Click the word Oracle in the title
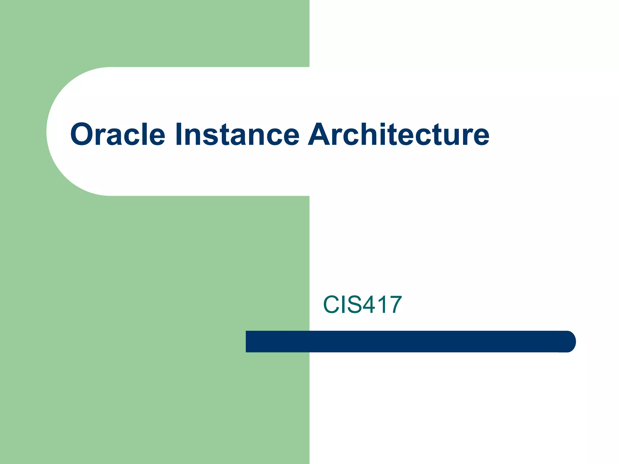coord(118,134)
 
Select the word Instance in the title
coord(237,134)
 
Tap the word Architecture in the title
coord(398,134)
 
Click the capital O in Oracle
coord(82,134)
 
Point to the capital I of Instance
coord(178,134)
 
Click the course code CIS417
coord(362,304)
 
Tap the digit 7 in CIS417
coord(394,304)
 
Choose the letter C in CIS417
coord(332,304)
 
